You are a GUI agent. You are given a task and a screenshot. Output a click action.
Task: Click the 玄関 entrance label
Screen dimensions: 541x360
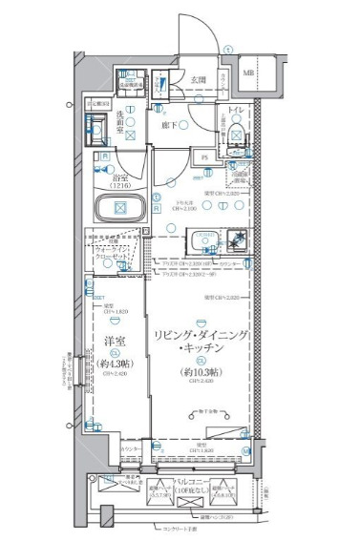[x=198, y=79]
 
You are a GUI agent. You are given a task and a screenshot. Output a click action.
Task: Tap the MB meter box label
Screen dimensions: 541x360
[x=248, y=73]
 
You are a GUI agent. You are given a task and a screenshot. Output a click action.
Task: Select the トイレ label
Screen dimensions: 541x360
[x=236, y=112]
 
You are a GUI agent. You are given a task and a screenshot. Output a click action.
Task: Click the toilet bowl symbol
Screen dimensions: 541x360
[x=235, y=143]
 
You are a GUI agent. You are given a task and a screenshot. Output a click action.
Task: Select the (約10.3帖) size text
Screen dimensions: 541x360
[x=201, y=371]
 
